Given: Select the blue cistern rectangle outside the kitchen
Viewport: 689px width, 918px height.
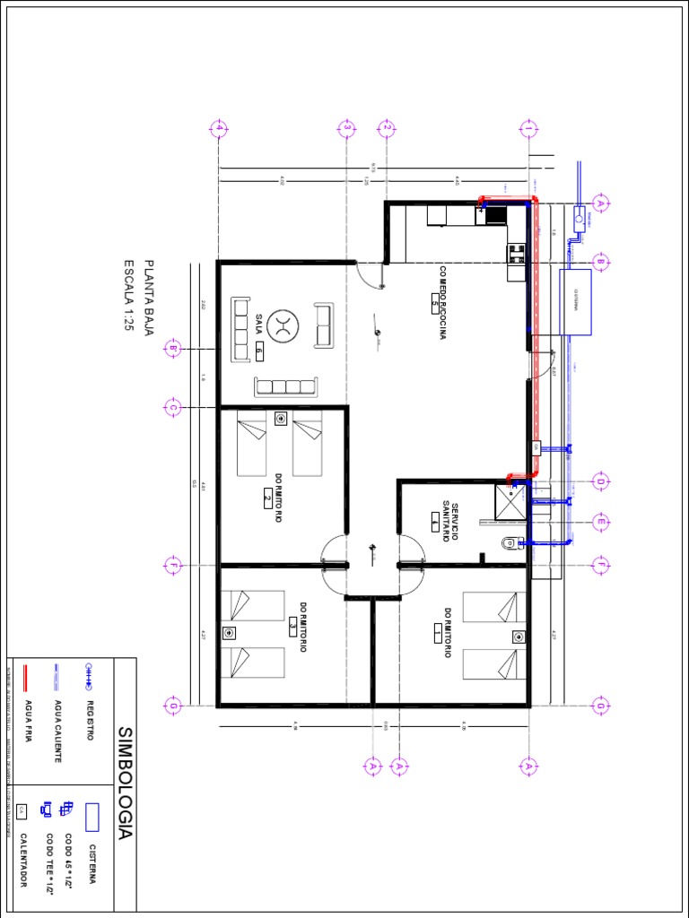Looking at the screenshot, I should pos(575,302).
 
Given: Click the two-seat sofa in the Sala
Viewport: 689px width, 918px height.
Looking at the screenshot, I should pos(323,325).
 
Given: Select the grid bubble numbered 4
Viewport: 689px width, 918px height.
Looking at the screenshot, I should pos(218,128).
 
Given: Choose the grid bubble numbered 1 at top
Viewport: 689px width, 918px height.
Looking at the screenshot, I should pos(528,128).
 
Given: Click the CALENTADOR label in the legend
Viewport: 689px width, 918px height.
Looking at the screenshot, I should pos(24,861).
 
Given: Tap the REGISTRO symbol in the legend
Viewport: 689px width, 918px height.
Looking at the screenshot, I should pos(89,669).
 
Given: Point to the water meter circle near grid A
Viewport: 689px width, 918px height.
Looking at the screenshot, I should pos(580,215).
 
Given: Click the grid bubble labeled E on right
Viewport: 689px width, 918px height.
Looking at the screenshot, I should pos(601,522).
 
